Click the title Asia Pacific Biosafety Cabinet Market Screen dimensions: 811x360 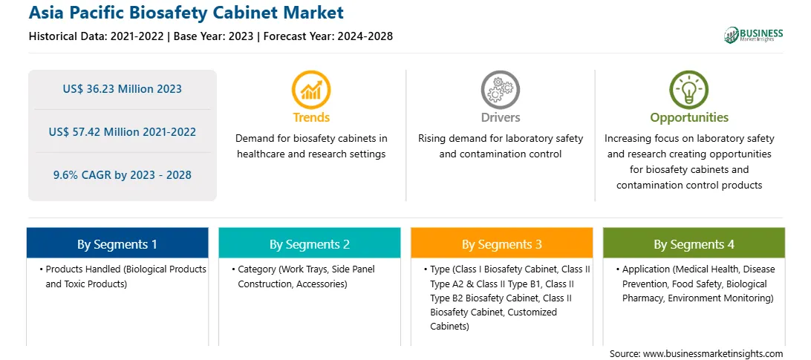[186, 13]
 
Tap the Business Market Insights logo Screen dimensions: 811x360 [754, 35]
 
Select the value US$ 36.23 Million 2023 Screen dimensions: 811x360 [122, 89]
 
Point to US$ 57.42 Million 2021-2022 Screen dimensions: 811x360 [122, 132]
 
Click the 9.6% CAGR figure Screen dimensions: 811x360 [122, 175]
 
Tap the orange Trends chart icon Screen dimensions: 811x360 [311, 90]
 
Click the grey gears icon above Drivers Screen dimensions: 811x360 [500, 90]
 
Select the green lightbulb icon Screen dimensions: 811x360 [689, 90]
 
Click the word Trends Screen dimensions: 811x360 [311, 117]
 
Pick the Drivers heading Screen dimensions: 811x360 [500, 117]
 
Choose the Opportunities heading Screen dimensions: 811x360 [689, 117]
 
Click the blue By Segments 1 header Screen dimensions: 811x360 [117, 243]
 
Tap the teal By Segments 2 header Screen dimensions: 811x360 [309, 243]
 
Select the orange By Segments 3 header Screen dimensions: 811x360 [502, 243]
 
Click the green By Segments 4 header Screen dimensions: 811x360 [694, 243]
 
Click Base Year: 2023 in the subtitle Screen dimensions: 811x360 [214, 36]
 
